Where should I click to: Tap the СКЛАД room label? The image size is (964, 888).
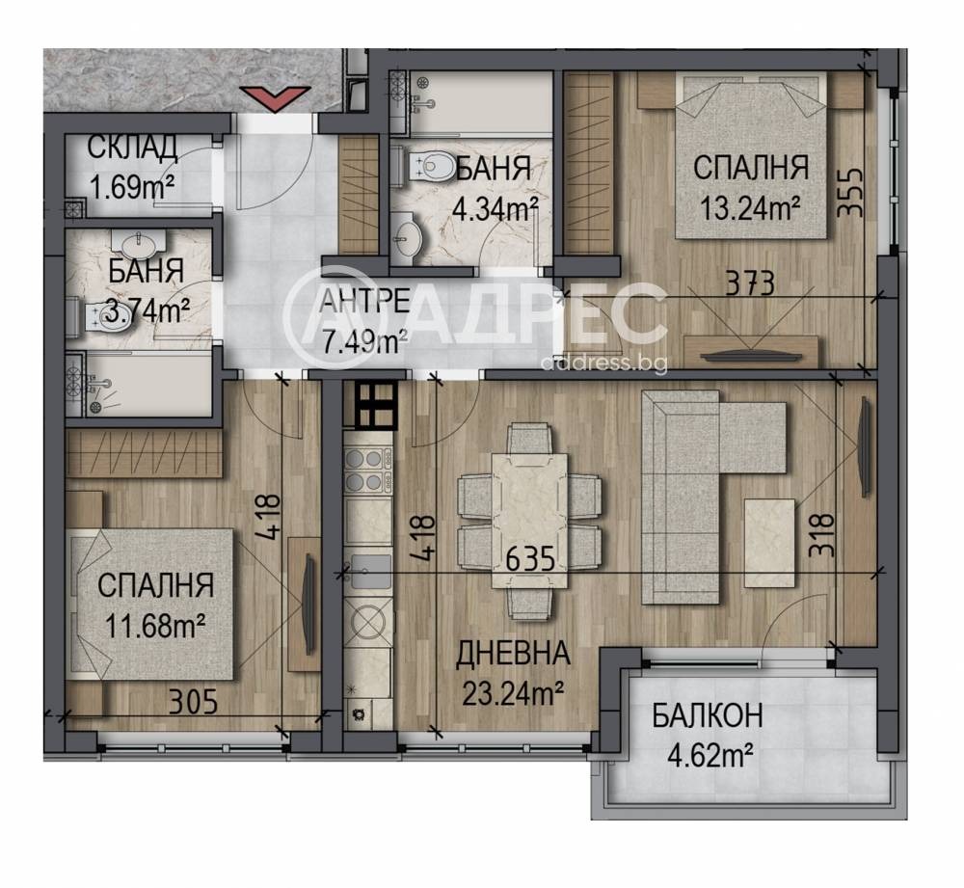click(133, 148)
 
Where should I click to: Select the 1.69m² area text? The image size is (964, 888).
click(133, 186)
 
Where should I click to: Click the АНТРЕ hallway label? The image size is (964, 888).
click(365, 302)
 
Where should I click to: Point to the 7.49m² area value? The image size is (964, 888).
click(364, 340)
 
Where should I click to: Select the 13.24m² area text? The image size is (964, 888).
click(751, 209)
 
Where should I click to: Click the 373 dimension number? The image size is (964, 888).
click(750, 284)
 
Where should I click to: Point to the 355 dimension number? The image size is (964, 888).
click(851, 193)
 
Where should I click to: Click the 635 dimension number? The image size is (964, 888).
click(530, 559)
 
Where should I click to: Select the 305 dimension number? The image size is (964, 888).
click(193, 701)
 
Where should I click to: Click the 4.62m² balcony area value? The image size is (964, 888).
click(710, 755)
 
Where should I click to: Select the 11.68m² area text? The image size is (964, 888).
click(155, 628)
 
